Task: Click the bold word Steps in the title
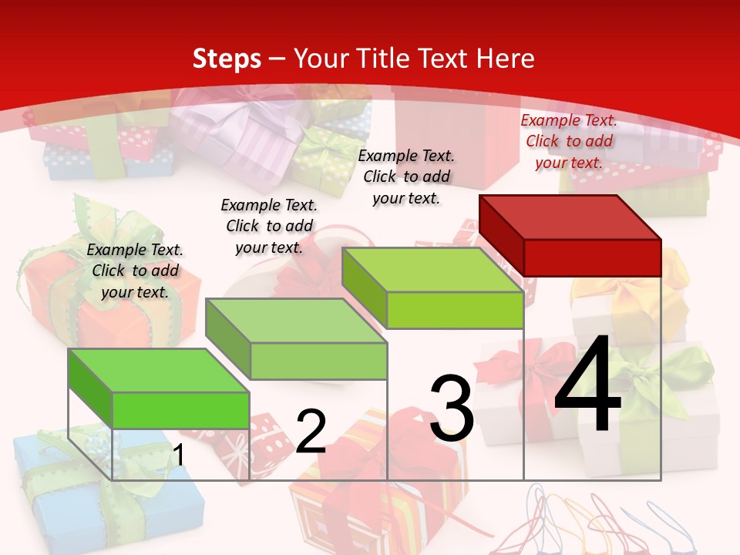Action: pos(227,59)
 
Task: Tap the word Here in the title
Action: pos(506,59)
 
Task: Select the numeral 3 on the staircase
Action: pos(452,409)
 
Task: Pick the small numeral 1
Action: pos(178,456)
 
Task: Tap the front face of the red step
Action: pos(592,257)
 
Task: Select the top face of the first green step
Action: pos(159,370)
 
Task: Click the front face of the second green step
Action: pos(319,361)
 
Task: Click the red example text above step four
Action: pos(569,141)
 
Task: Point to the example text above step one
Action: pos(135,271)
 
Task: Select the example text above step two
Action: pos(269,226)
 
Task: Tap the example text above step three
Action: pos(406,177)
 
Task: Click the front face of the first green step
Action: pos(181,410)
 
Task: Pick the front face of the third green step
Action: pos(455,311)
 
